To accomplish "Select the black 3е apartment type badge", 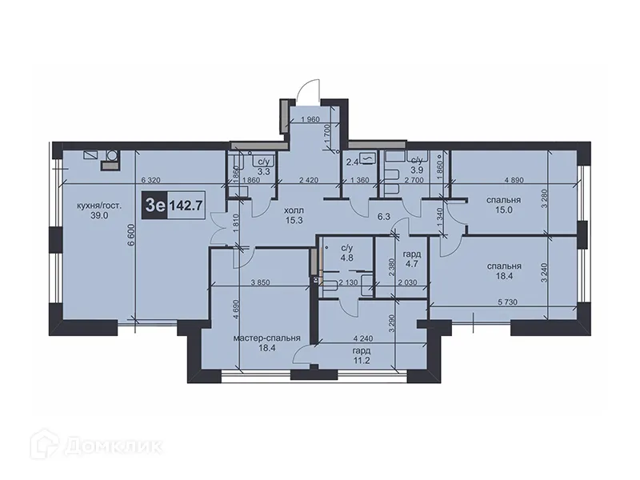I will tap(154, 205).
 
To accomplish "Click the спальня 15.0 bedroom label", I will tap(503, 205).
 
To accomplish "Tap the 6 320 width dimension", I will tap(151, 182).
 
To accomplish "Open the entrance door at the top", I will tap(308, 88).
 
